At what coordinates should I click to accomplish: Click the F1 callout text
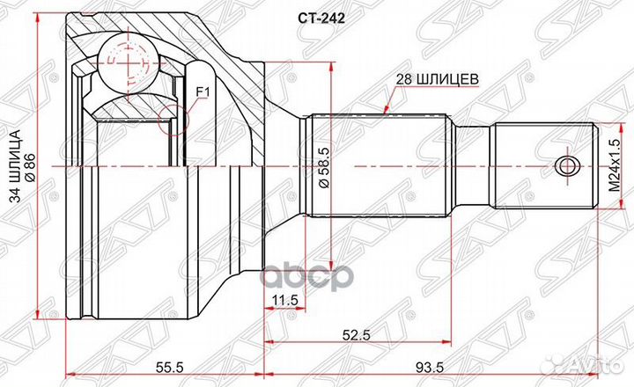(201, 91)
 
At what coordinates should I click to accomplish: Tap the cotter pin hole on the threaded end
(566, 165)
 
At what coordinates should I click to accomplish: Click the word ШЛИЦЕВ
(452, 78)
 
